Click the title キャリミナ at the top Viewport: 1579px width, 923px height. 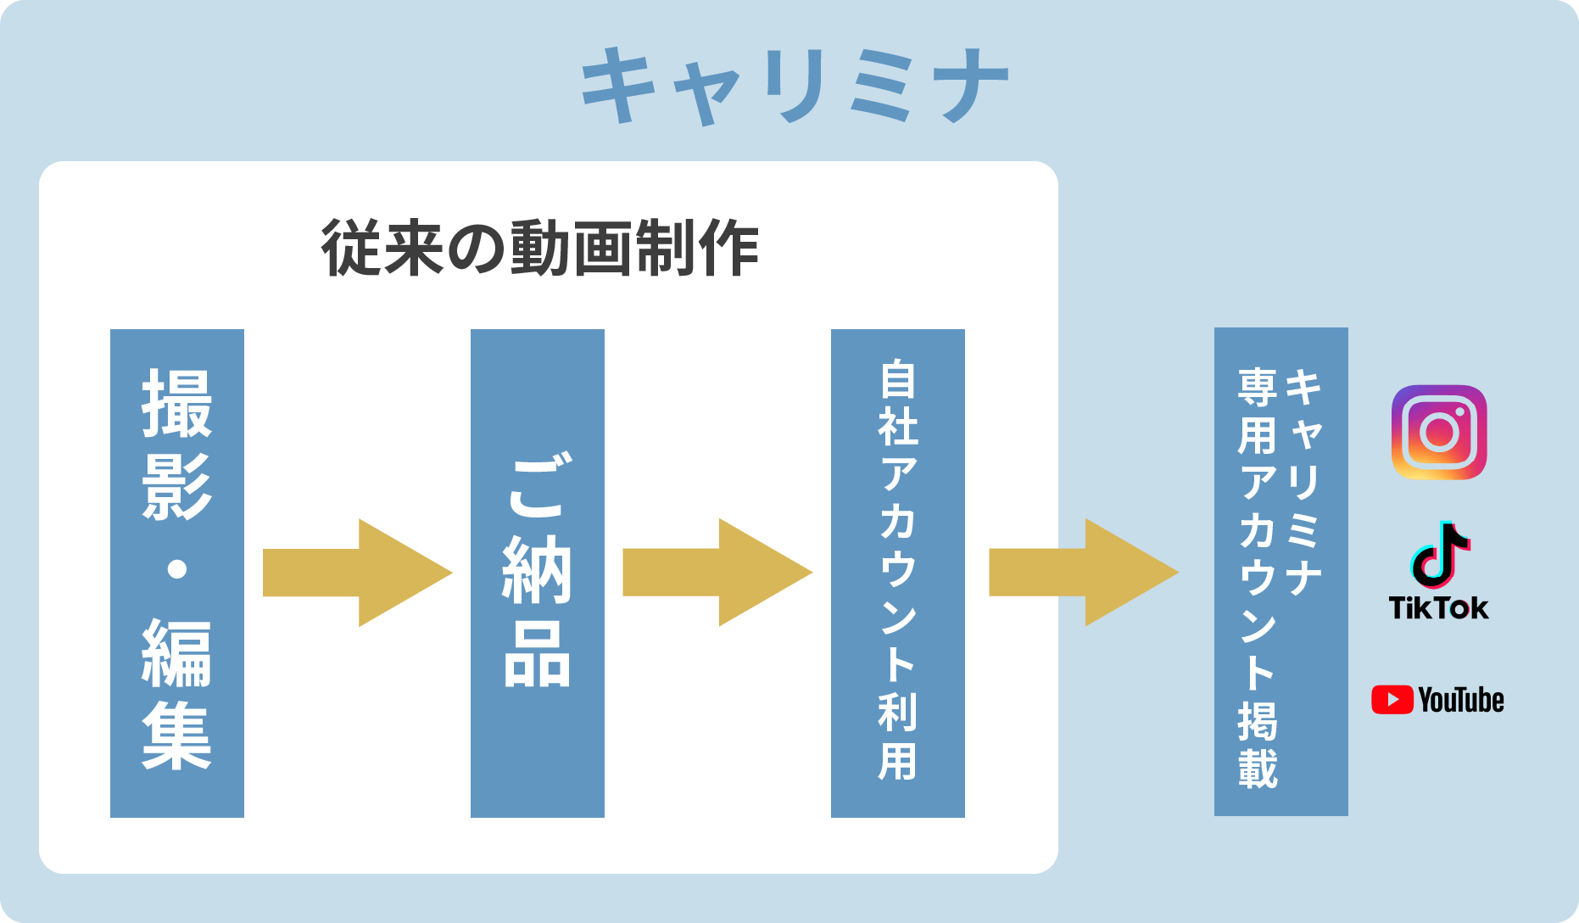pos(795,86)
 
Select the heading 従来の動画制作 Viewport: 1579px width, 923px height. pos(540,248)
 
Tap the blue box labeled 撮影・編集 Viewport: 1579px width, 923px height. pos(177,573)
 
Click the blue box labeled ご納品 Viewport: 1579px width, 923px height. pos(538,573)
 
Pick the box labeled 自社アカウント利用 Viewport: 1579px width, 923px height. pos(898,573)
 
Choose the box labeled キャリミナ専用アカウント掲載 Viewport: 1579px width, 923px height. pos(1281,572)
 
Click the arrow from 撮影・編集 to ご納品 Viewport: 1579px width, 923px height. pos(357,573)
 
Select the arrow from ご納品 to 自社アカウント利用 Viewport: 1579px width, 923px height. pos(717,573)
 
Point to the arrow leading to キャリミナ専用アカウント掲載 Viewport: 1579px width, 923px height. pos(1084,573)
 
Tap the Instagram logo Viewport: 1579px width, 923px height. pos(1439,433)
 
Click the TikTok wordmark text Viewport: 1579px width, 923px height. pos(1439,608)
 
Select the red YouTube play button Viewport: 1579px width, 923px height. pos(1392,700)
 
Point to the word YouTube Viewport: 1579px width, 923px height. pos(1461,700)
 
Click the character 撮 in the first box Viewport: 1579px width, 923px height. pos(177,404)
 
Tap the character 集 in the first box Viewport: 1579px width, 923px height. pos(177,736)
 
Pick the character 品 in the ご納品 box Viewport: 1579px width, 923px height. pos(538,653)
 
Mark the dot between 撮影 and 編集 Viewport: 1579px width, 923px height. pos(177,568)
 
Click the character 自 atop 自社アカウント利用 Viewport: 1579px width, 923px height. pos(898,379)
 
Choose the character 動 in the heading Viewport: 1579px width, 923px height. pos(540,248)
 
